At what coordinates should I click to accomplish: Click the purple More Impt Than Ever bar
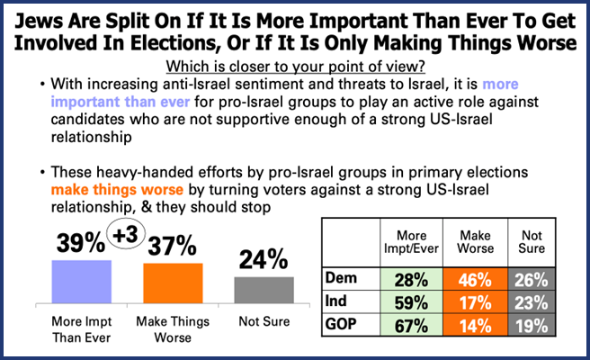tap(82, 284)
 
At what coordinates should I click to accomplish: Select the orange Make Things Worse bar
tap(175, 287)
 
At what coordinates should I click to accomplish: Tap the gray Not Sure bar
tap(264, 292)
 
